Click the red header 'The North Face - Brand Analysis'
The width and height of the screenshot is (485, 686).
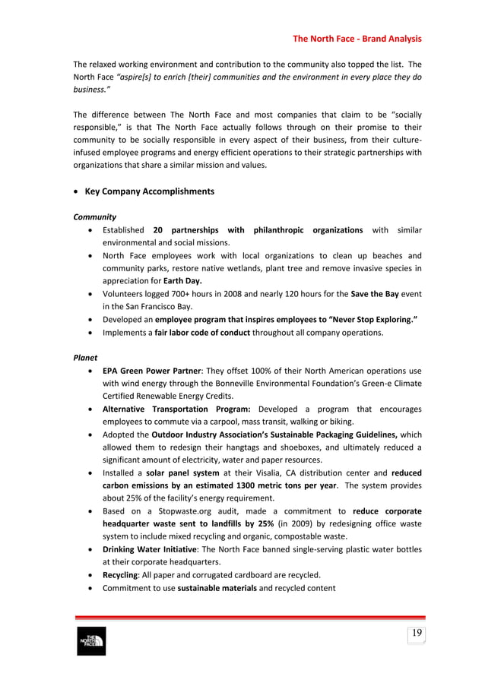357,39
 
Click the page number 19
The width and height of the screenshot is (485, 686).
417,634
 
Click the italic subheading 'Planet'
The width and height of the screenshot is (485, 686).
84,357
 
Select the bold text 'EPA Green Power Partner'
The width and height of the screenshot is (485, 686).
151,371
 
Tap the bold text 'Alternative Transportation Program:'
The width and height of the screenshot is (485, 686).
176,409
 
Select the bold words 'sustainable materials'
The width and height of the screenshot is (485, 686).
217,587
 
